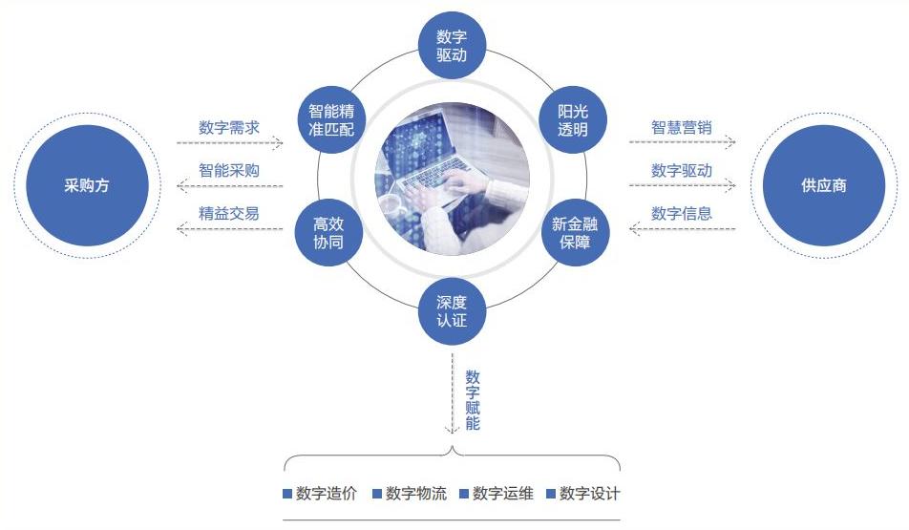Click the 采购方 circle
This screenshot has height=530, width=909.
87,185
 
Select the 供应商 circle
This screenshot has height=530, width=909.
824,185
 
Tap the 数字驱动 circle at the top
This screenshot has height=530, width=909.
452,45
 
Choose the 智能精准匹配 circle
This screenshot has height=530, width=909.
331,119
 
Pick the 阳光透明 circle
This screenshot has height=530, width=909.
573,119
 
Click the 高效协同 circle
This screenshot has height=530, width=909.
328,232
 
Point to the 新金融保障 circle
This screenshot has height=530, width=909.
575,232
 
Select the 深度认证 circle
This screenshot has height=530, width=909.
452,310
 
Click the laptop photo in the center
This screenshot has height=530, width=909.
453,179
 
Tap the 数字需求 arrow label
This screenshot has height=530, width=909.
229,128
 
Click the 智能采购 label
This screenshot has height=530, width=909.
229,171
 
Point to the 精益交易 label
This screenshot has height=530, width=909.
229,213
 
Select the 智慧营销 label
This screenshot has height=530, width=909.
681,128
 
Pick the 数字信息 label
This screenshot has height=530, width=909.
681,213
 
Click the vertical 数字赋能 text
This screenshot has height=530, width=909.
473,400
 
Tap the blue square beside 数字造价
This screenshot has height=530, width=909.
287,494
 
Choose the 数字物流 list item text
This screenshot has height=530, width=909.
416,494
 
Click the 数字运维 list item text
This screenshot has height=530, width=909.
502,494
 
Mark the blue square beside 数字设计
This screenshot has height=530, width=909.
551,494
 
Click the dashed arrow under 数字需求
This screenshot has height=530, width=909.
229,142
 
